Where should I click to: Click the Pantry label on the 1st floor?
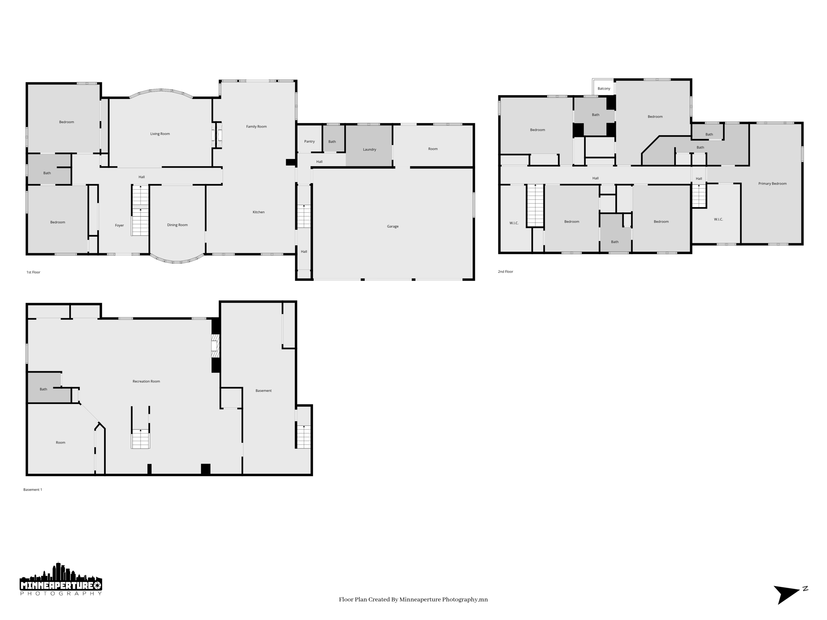click(x=309, y=142)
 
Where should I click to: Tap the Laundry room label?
click(x=369, y=150)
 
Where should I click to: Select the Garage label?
click(x=393, y=226)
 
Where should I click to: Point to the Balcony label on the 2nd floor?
click(x=604, y=89)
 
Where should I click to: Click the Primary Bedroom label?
click(x=772, y=184)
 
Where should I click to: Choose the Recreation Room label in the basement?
click(x=146, y=381)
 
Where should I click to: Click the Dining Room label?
click(x=177, y=225)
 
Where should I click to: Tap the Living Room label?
click(x=160, y=134)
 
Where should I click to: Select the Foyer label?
click(x=119, y=226)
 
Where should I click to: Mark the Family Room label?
click(x=256, y=127)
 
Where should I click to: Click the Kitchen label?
click(x=258, y=212)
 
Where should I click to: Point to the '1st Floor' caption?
click(x=34, y=272)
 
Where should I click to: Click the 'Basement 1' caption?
click(x=33, y=490)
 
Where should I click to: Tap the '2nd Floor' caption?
click(x=505, y=272)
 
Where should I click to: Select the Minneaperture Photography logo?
click(x=61, y=579)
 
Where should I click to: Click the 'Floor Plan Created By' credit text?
click(x=413, y=600)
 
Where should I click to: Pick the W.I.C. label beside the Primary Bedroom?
click(x=718, y=220)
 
